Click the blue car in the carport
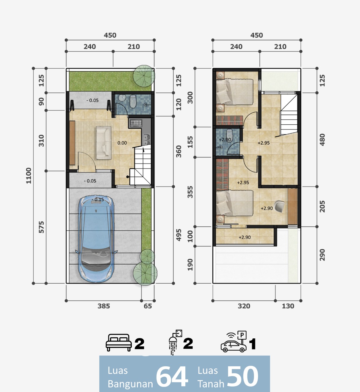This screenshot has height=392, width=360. [96, 239]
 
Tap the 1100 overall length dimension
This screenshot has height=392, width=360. [28, 176]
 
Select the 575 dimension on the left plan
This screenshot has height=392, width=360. [41, 227]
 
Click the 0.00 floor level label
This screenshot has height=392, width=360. [122, 143]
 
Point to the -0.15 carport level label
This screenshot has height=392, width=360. [98, 199]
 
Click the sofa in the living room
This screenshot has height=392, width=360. [104, 143]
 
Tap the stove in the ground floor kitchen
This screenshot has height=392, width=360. [136, 123]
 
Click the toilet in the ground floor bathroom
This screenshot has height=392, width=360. [133, 102]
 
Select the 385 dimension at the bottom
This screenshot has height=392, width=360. [104, 306]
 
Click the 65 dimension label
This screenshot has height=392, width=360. [148, 306]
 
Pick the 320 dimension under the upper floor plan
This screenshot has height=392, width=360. [244, 306]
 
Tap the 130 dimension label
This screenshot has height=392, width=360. [288, 306]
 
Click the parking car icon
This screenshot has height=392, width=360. [234, 342]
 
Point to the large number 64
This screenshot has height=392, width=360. [172, 377]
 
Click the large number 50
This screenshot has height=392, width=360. [242, 376]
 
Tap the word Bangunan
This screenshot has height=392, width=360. [130, 384]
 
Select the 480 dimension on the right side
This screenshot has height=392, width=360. [322, 140]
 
